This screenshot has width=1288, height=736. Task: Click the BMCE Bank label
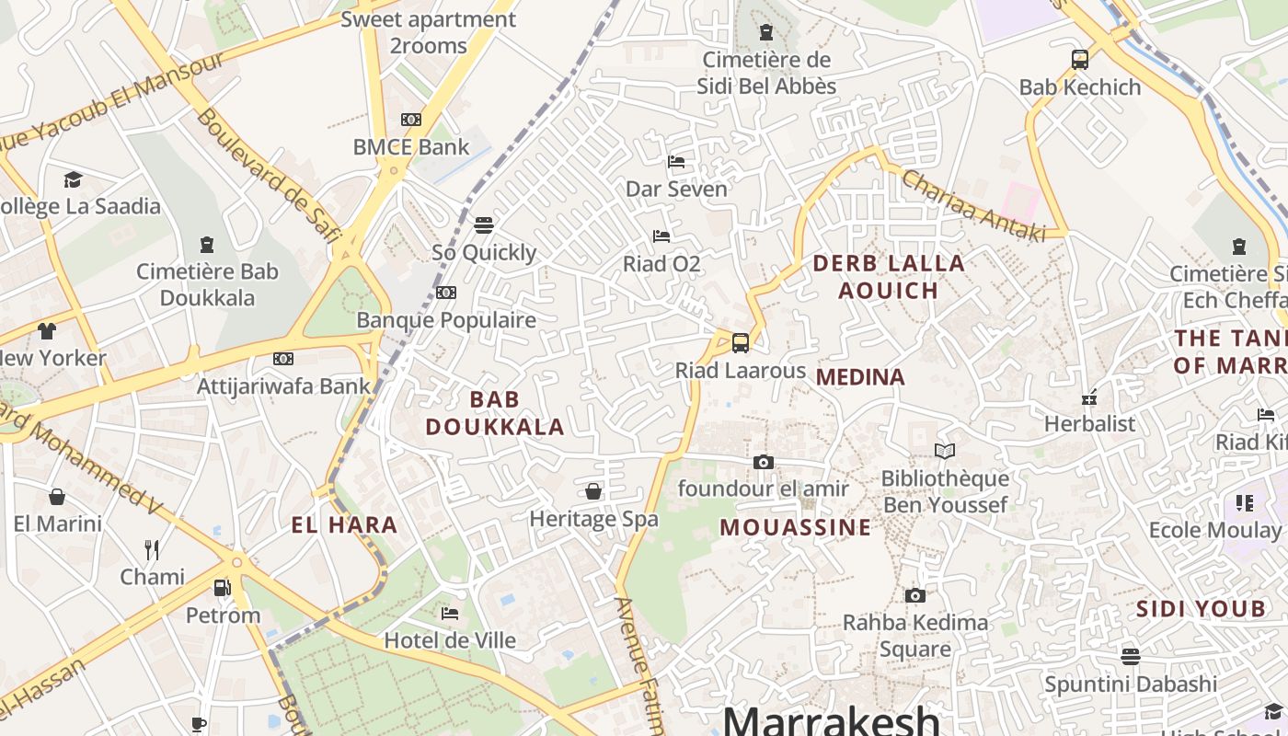point(411,146)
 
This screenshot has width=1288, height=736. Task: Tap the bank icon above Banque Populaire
point(446,293)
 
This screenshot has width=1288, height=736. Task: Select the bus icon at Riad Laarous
point(741,343)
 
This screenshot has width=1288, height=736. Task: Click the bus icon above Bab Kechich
point(1080,60)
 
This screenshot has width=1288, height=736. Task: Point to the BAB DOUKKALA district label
point(495,413)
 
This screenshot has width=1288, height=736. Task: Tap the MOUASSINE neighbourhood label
point(795,527)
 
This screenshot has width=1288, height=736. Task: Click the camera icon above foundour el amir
point(764,462)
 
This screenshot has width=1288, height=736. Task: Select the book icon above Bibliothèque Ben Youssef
point(945,451)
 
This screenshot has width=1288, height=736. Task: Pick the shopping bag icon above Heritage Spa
point(594,491)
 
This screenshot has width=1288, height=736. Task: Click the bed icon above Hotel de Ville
point(450,613)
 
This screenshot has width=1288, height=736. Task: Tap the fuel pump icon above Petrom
point(222,587)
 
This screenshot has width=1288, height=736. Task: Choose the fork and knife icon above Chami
point(153,550)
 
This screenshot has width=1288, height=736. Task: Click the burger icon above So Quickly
point(484,224)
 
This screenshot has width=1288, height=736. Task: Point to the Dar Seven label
point(676,189)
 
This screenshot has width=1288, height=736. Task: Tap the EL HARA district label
point(345,525)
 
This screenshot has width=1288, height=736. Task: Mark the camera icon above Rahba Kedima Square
point(914,595)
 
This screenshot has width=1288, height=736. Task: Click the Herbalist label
point(1090,424)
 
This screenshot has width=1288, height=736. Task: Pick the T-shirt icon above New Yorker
point(47,331)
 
